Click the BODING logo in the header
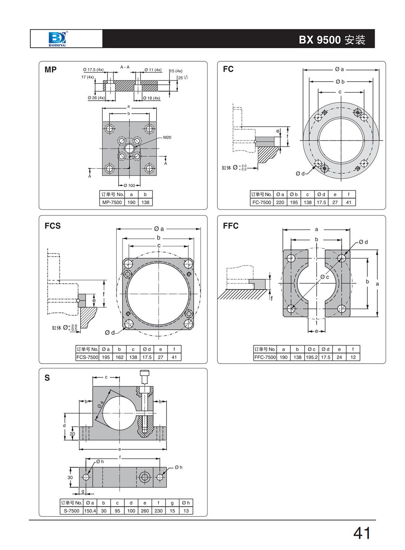click(57, 39)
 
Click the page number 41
click(362, 533)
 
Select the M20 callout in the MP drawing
click(167, 137)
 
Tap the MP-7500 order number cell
click(112, 202)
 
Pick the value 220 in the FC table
click(280, 202)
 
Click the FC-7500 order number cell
click(262, 202)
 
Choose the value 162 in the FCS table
click(119, 357)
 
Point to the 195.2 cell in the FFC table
click(311, 357)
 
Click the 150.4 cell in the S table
click(90, 511)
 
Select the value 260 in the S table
click(145, 511)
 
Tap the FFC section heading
click(231, 226)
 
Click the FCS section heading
click(53, 226)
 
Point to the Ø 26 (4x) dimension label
click(96, 98)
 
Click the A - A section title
click(125, 67)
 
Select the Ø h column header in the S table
click(186, 503)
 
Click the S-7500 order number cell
click(72, 511)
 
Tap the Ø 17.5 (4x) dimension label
click(93, 70)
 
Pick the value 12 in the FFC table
click(353, 357)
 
